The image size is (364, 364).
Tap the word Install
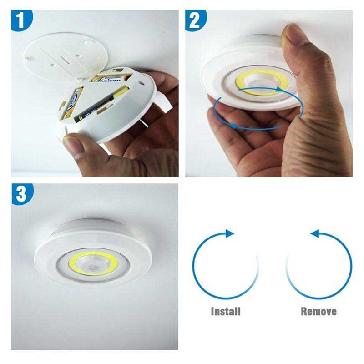[x=226, y=312]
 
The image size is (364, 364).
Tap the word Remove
[x=318, y=312]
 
